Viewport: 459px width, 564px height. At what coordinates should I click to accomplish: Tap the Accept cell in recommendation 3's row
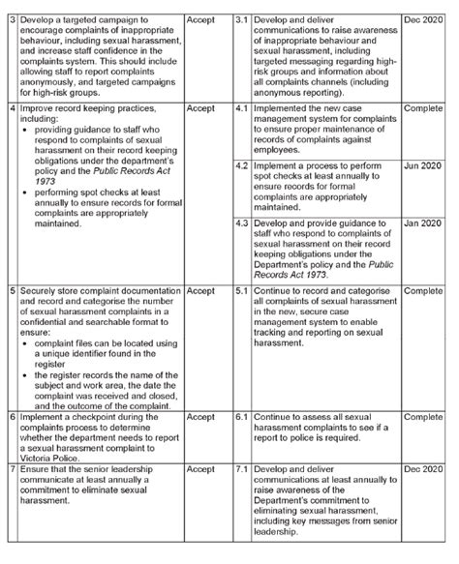[x=200, y=19]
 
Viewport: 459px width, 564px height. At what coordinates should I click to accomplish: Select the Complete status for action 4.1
[x=423, y=110]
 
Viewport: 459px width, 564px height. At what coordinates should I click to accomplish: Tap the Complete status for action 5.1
[x=423, y=290]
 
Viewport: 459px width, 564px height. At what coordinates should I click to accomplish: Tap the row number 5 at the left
[x=10, y=290]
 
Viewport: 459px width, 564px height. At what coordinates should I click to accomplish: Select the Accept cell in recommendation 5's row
[x=200, y=290]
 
